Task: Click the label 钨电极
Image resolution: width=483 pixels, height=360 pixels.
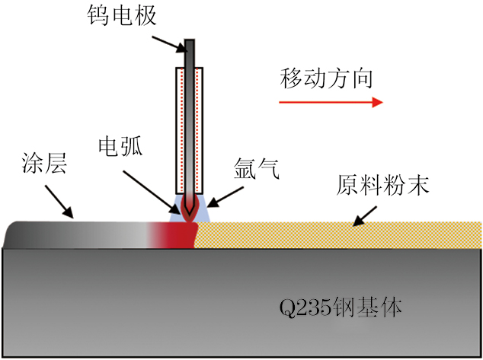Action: click(123, 16)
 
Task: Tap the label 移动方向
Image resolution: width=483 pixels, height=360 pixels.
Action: click(327, 78)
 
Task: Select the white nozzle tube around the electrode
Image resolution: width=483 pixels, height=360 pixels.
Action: click(190, 129)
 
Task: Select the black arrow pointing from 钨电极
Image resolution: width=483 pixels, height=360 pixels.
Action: click(168, 39)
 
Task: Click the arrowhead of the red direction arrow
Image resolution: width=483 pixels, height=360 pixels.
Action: click(376, 101)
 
